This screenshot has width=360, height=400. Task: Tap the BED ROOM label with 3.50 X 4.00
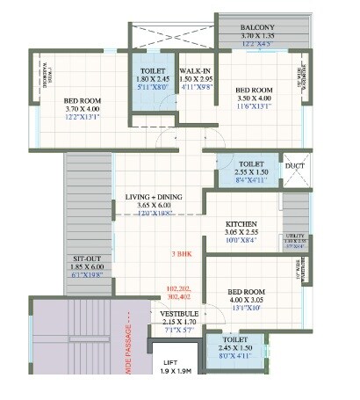[253, 91]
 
